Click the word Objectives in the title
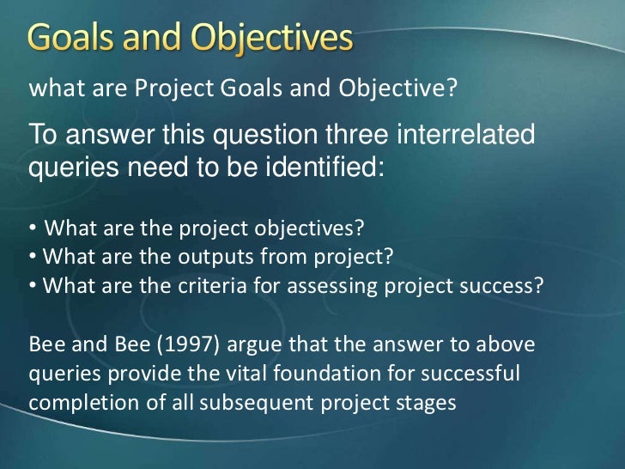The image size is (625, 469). [x=270, y=40]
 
